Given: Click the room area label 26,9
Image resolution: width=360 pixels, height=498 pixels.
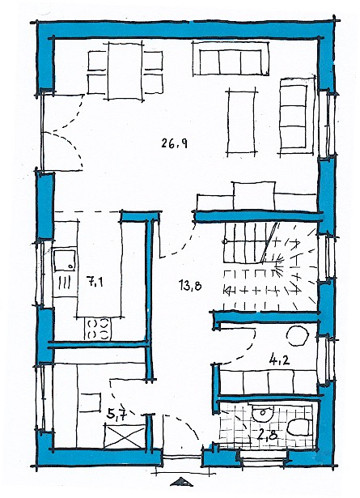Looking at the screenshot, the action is (x=174, y=143).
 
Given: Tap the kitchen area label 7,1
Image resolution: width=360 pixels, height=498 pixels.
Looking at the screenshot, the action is (x=94, y=282).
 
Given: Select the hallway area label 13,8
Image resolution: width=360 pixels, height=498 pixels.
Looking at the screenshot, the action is (x=190, y=286).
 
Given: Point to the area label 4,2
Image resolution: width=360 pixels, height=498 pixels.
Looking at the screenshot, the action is (x=279, y=360).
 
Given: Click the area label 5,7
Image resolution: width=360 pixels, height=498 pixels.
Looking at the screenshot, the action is (x=116, y=415).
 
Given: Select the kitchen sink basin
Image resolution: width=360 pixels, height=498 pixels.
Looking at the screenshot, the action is (x=65, y=261).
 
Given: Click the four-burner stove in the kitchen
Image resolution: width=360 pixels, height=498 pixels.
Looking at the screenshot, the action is (x=98, y=329).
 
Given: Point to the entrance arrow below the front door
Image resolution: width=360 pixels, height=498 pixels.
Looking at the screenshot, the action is (x=181, y=482).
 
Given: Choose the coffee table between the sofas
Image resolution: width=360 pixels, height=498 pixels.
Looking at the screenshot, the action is (x=241, y=122).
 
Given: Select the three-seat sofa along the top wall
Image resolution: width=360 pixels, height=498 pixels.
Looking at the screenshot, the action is (x=231, y=58).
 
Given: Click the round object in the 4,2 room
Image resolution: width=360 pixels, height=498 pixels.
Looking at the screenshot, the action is (x=298, y=336).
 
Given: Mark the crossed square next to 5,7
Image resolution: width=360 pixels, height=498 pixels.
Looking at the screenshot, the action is (x=125, y=436).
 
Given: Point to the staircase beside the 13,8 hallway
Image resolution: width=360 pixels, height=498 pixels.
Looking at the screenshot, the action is (x=270, y=266).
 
